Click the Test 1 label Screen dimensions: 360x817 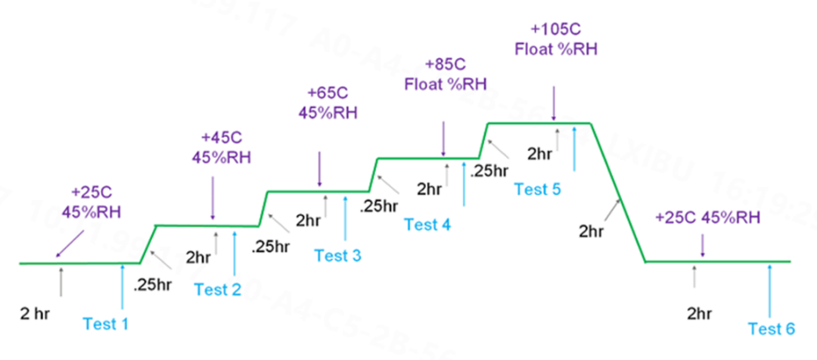coord(106,324)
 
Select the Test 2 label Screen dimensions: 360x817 coord(217,289)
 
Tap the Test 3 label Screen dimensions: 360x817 coord(337,256)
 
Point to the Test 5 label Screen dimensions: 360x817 coord(538,189)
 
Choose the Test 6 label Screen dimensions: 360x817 coord(772,328)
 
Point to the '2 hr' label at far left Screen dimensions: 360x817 coord(36,312)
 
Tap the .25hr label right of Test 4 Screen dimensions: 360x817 coord(489,171)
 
